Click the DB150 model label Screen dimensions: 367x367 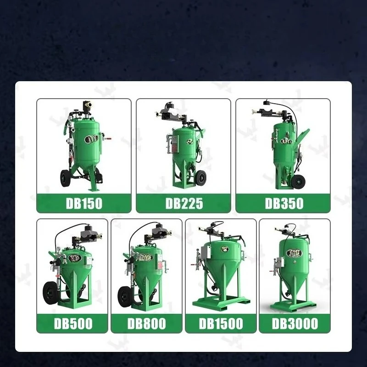(x=84, y=203)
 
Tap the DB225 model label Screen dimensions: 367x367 (x=184, y=203)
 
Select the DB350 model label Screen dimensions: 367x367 (x=284, y=203)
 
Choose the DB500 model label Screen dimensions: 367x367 (x=73, y=323)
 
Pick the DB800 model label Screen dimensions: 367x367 (x=146, y=323)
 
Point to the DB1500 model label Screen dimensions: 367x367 (x=221, y=323)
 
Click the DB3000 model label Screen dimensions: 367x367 (x=295, y=323)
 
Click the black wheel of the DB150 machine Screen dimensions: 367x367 (x=64, y=178)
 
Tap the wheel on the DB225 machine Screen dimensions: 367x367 (x=201, y=178)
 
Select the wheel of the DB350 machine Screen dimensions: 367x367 (x=298, y=181)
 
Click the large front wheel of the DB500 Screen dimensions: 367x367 (x=51, y=293)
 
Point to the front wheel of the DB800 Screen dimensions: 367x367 (x=125, y=296)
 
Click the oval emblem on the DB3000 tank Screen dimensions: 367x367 (x=294, y=253)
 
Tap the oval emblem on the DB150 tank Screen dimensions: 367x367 (x=89, y=139)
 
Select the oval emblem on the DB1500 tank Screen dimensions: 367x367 (x=225, y=249)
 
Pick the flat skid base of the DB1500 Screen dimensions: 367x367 (x=221, y=303)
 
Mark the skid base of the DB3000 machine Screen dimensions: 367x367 (x=293, y=306)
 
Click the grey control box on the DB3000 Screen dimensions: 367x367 (x=280, y=262)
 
